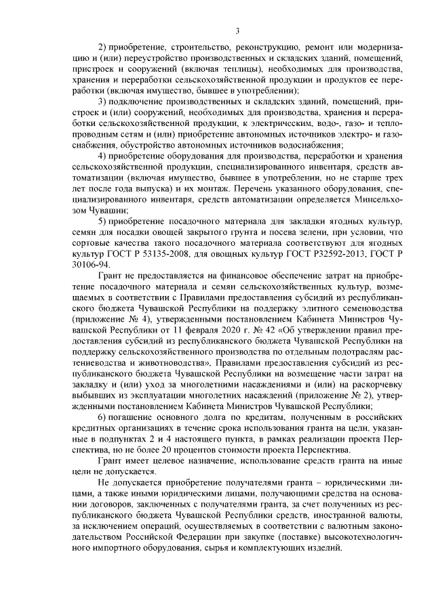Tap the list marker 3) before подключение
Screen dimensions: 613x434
click(x=103, y=100)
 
